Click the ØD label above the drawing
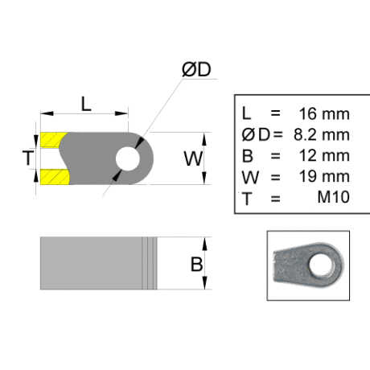coord(196,69)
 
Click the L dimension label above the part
coord(86,104)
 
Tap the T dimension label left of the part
coord(28,158)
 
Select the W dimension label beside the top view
coord(193,158)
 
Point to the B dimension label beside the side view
coord(196,264)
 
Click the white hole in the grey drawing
coord(128,158)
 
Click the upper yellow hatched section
coord(53,140)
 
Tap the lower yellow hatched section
coord(55,177)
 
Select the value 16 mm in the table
coord(324,113)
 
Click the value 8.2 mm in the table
coord(322,134)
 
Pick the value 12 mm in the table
coord(324,155)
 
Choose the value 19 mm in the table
coord(324,176)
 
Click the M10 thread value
coord(334,197)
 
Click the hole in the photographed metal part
coord(321,265)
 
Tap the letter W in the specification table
coord(250,177)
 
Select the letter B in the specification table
coord(248,156)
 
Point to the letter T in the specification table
coord(247,199)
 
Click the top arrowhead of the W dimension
coord(204,139)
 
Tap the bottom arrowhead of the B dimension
coord(204,283)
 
